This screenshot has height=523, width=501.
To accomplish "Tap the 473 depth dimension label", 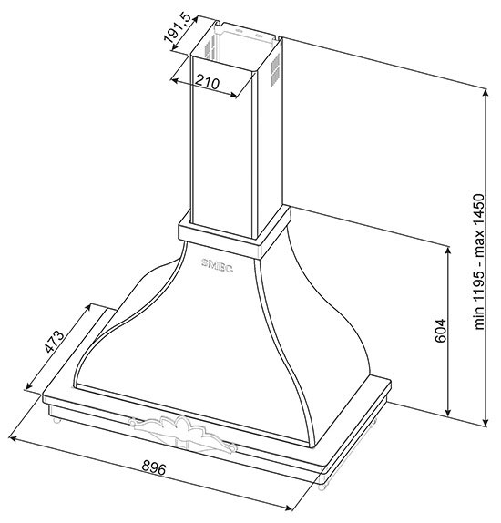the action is [x=55, y=341].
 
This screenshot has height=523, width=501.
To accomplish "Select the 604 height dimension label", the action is [x=440, y=331].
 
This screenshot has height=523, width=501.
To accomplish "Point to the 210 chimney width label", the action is [x=207, y=82].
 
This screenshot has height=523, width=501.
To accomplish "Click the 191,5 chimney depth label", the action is [x=177, y=28].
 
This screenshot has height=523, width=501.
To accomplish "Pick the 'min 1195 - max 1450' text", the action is [x=478, y=261].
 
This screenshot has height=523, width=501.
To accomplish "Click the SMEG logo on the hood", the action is [x=217, y=266].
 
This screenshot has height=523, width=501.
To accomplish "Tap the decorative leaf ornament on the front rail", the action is [x=183, y=433].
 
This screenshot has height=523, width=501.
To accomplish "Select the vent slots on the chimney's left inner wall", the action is [x=209, y=49].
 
